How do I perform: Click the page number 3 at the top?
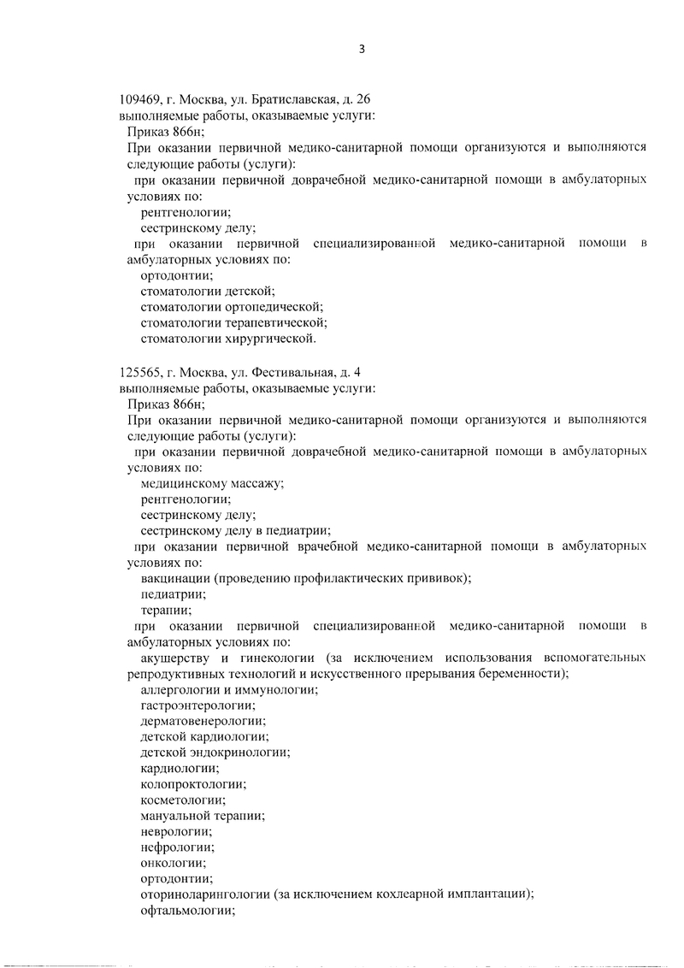click(x=362, y=49)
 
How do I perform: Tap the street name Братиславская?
click(x=287, y=99)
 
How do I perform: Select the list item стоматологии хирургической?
click(x=227, y=339)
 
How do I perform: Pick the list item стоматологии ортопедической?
click(x=231, y=307)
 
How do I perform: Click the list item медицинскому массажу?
click(x=212, y=483)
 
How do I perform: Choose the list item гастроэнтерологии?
click(x=197, y=705)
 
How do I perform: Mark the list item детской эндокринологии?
click(x=215, y=753)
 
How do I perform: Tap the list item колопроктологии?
click(x=193, y=784)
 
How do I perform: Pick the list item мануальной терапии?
click(x=202, y=816)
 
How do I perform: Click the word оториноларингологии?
click(x=205, y=895)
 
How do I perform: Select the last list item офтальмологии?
click(x=186, y=911)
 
